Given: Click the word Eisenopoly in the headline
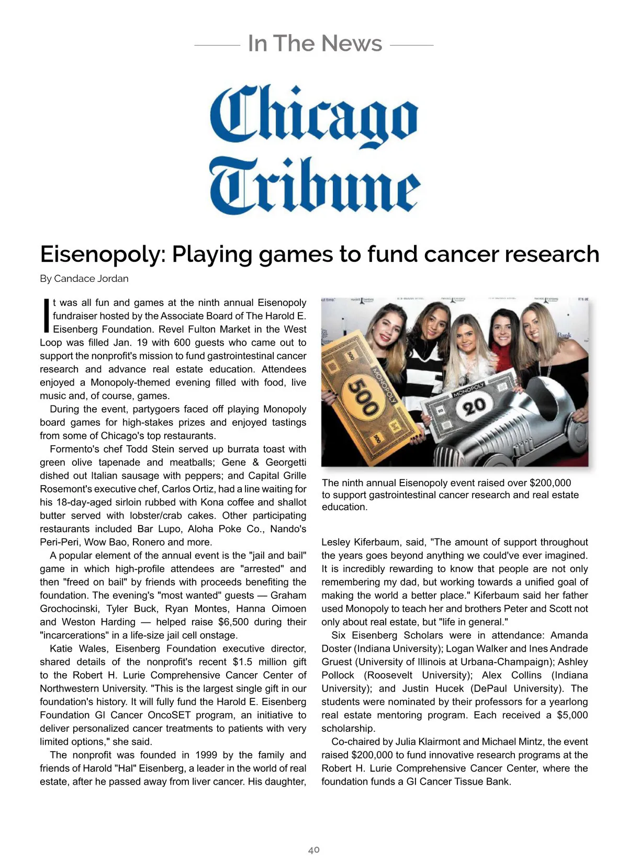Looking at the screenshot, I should pos(103,255).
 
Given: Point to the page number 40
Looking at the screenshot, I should pos(313,850).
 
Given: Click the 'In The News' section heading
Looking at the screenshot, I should pos(315,43).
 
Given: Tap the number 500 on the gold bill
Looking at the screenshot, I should pos(364,398).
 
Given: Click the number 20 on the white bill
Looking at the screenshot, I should pos(474,405).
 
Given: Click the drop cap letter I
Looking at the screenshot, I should pos(46,315).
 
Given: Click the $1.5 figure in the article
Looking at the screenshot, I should pos(244,662).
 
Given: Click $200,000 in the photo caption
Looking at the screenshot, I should pos(550,483).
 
